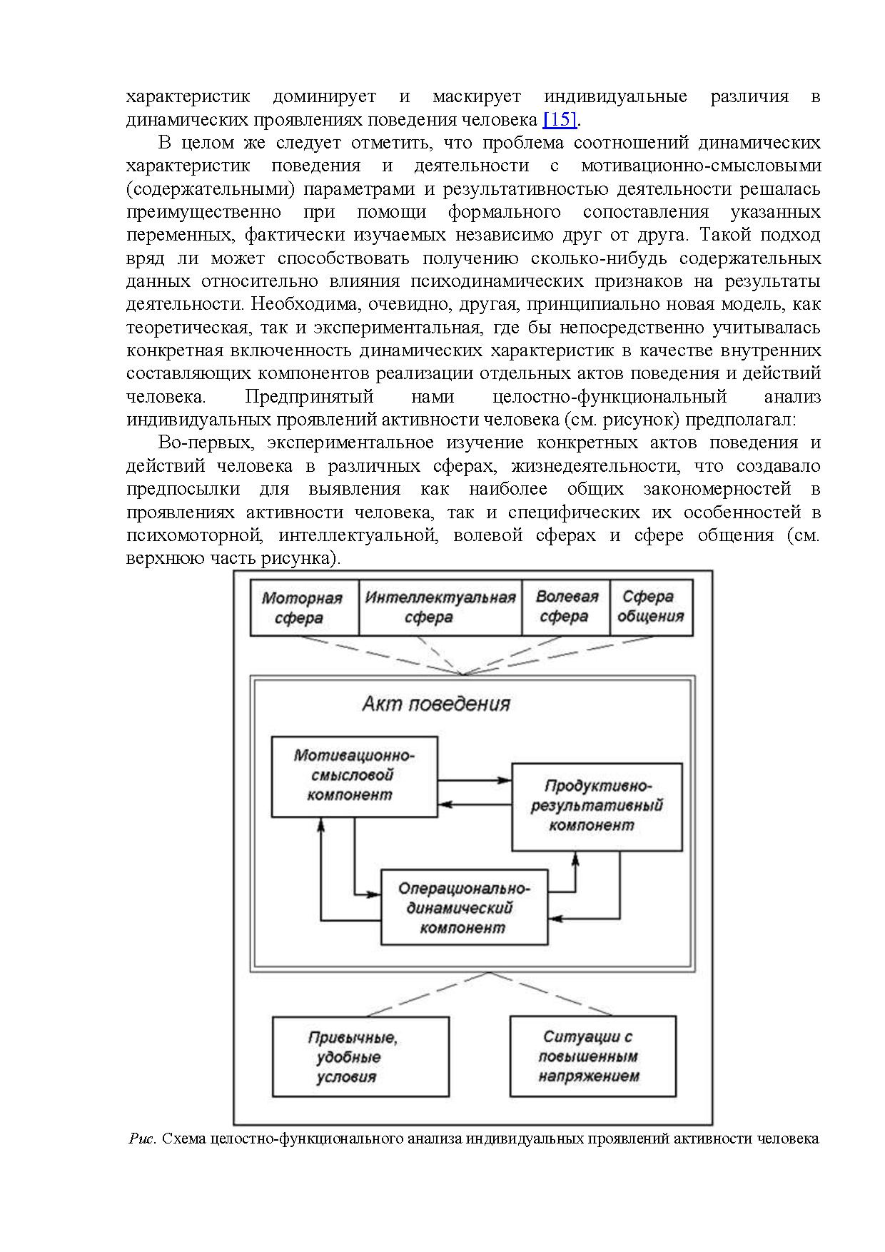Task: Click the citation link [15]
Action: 560,119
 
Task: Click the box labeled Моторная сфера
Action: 303,608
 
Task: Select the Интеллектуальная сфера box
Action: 440,607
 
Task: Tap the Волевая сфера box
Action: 566,607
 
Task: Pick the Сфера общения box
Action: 651,607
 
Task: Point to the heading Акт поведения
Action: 435,705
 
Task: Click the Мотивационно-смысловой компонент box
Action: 354,776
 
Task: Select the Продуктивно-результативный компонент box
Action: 597,807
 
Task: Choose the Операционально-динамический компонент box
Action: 464,908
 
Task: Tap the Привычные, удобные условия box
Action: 360,1057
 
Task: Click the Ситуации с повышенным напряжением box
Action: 592,1056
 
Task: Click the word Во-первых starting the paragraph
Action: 206,443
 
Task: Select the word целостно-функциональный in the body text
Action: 610,397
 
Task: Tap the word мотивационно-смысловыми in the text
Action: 701,166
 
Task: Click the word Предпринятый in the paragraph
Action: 309,397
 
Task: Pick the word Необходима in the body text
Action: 305,305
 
